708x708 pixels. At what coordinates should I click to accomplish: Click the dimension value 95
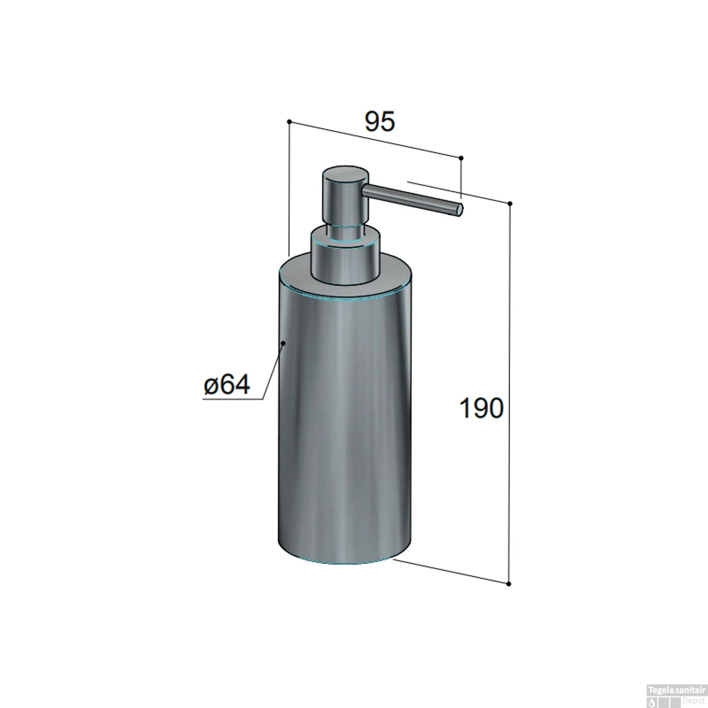379,122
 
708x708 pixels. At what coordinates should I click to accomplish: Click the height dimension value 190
481,409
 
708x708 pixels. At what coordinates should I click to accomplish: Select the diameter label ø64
227,385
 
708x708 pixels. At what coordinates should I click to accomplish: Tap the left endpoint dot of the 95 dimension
289,122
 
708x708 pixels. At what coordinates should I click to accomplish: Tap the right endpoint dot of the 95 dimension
461,158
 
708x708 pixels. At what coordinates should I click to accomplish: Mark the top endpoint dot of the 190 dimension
510,204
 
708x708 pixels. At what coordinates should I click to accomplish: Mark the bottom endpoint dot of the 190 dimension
509,584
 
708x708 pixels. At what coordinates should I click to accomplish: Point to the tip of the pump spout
460,210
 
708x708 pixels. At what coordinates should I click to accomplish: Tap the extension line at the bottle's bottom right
448,572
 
